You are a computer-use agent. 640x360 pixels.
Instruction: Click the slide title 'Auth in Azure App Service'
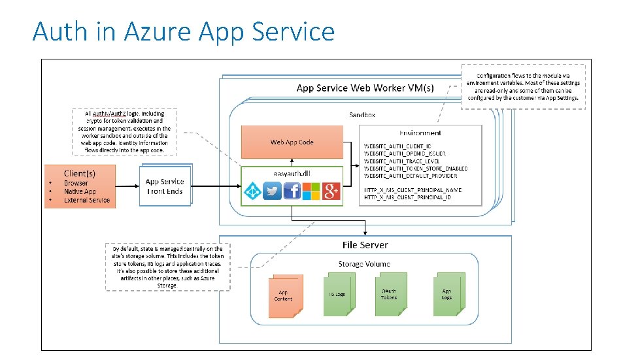tap(184, 31)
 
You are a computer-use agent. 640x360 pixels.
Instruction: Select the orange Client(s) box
tap(80, 186)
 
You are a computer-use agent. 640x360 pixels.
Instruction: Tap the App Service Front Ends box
tap(165, 186)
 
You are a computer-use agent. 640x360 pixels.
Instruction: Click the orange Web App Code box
tap(292, 142)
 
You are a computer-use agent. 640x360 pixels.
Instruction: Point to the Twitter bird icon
tap(272, 191)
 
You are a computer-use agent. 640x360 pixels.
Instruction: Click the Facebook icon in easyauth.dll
tap(292, 191)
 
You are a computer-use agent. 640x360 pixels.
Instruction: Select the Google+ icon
tap(331, 191)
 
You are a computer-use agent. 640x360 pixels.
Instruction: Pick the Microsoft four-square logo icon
tap(312, 191)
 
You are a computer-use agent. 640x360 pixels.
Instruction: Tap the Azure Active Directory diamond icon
tap(252, 191)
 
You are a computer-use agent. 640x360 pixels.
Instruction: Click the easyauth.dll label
tap(292, 172)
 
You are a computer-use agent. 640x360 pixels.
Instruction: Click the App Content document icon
tap(283, 296)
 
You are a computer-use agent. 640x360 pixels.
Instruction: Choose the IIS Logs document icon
tap(337, 294)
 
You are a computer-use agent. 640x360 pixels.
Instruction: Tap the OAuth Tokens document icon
tap(390, 294)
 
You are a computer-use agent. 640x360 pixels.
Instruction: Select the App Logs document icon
tap(447, 294)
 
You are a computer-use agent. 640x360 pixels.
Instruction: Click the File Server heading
tap(365, 245)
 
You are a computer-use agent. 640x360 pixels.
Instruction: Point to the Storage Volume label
tap(364, 264)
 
